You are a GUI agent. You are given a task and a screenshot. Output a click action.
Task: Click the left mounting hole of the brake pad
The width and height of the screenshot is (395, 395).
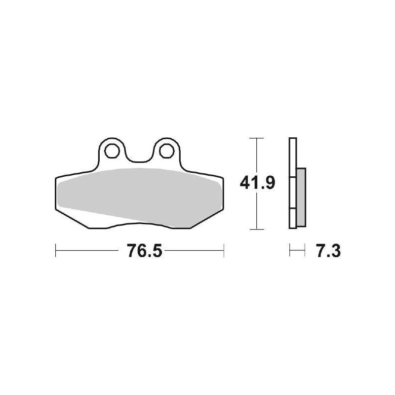[112, 149]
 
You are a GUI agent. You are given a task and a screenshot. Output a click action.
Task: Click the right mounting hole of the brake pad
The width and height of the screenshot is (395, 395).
[165, 149]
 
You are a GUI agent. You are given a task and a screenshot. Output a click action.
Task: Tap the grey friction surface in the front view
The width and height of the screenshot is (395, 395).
[138, 197]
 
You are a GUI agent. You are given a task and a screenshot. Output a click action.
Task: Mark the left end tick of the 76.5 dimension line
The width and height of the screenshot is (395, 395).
[55, 250]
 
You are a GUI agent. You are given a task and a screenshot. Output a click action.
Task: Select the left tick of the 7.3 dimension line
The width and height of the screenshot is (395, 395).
[290, 250]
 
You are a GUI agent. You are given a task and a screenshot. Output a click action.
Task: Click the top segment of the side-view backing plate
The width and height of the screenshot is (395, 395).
[293, 156]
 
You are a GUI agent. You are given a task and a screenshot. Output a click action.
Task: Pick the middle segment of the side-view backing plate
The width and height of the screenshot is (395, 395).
[293, 193]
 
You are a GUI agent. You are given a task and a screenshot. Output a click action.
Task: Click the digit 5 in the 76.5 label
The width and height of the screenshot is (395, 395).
[156, 251]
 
